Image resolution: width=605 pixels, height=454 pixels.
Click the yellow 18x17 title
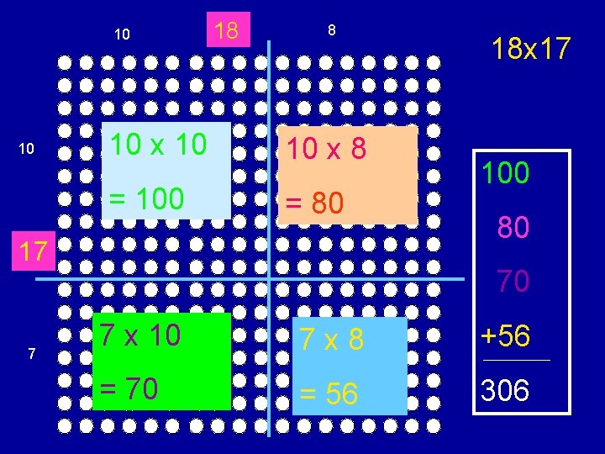pos(531,48)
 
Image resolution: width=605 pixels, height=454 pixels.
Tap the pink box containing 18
pos(226,30)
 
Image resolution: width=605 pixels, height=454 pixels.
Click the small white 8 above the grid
pos(332,30)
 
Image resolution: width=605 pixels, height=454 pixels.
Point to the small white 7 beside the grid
pos(31,354)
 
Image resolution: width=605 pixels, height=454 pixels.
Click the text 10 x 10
pos(159,145)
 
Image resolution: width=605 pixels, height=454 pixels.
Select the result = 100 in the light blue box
pos(142,198)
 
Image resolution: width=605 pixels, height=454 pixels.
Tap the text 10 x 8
pos(327,149)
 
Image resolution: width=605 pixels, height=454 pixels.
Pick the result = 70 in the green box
pos(131,388)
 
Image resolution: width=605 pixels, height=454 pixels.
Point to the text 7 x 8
pos(333,339)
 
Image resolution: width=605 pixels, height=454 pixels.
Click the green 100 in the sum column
pos(505,174)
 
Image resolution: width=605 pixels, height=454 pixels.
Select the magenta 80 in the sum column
pos(513,228)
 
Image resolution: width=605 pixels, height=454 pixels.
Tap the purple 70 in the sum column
pos(513,282)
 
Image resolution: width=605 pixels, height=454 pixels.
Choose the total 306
pos(505,389)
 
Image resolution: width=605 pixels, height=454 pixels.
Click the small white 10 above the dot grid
pos(123,34)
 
